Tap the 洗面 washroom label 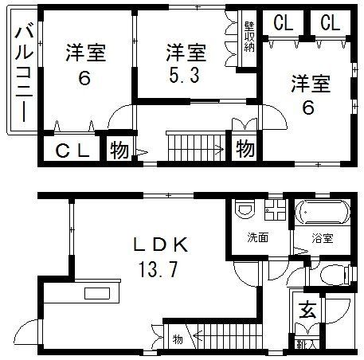(256, 237)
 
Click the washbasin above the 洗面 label (247, 210)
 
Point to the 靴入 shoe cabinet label (305, 344)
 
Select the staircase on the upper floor (195, 148)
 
